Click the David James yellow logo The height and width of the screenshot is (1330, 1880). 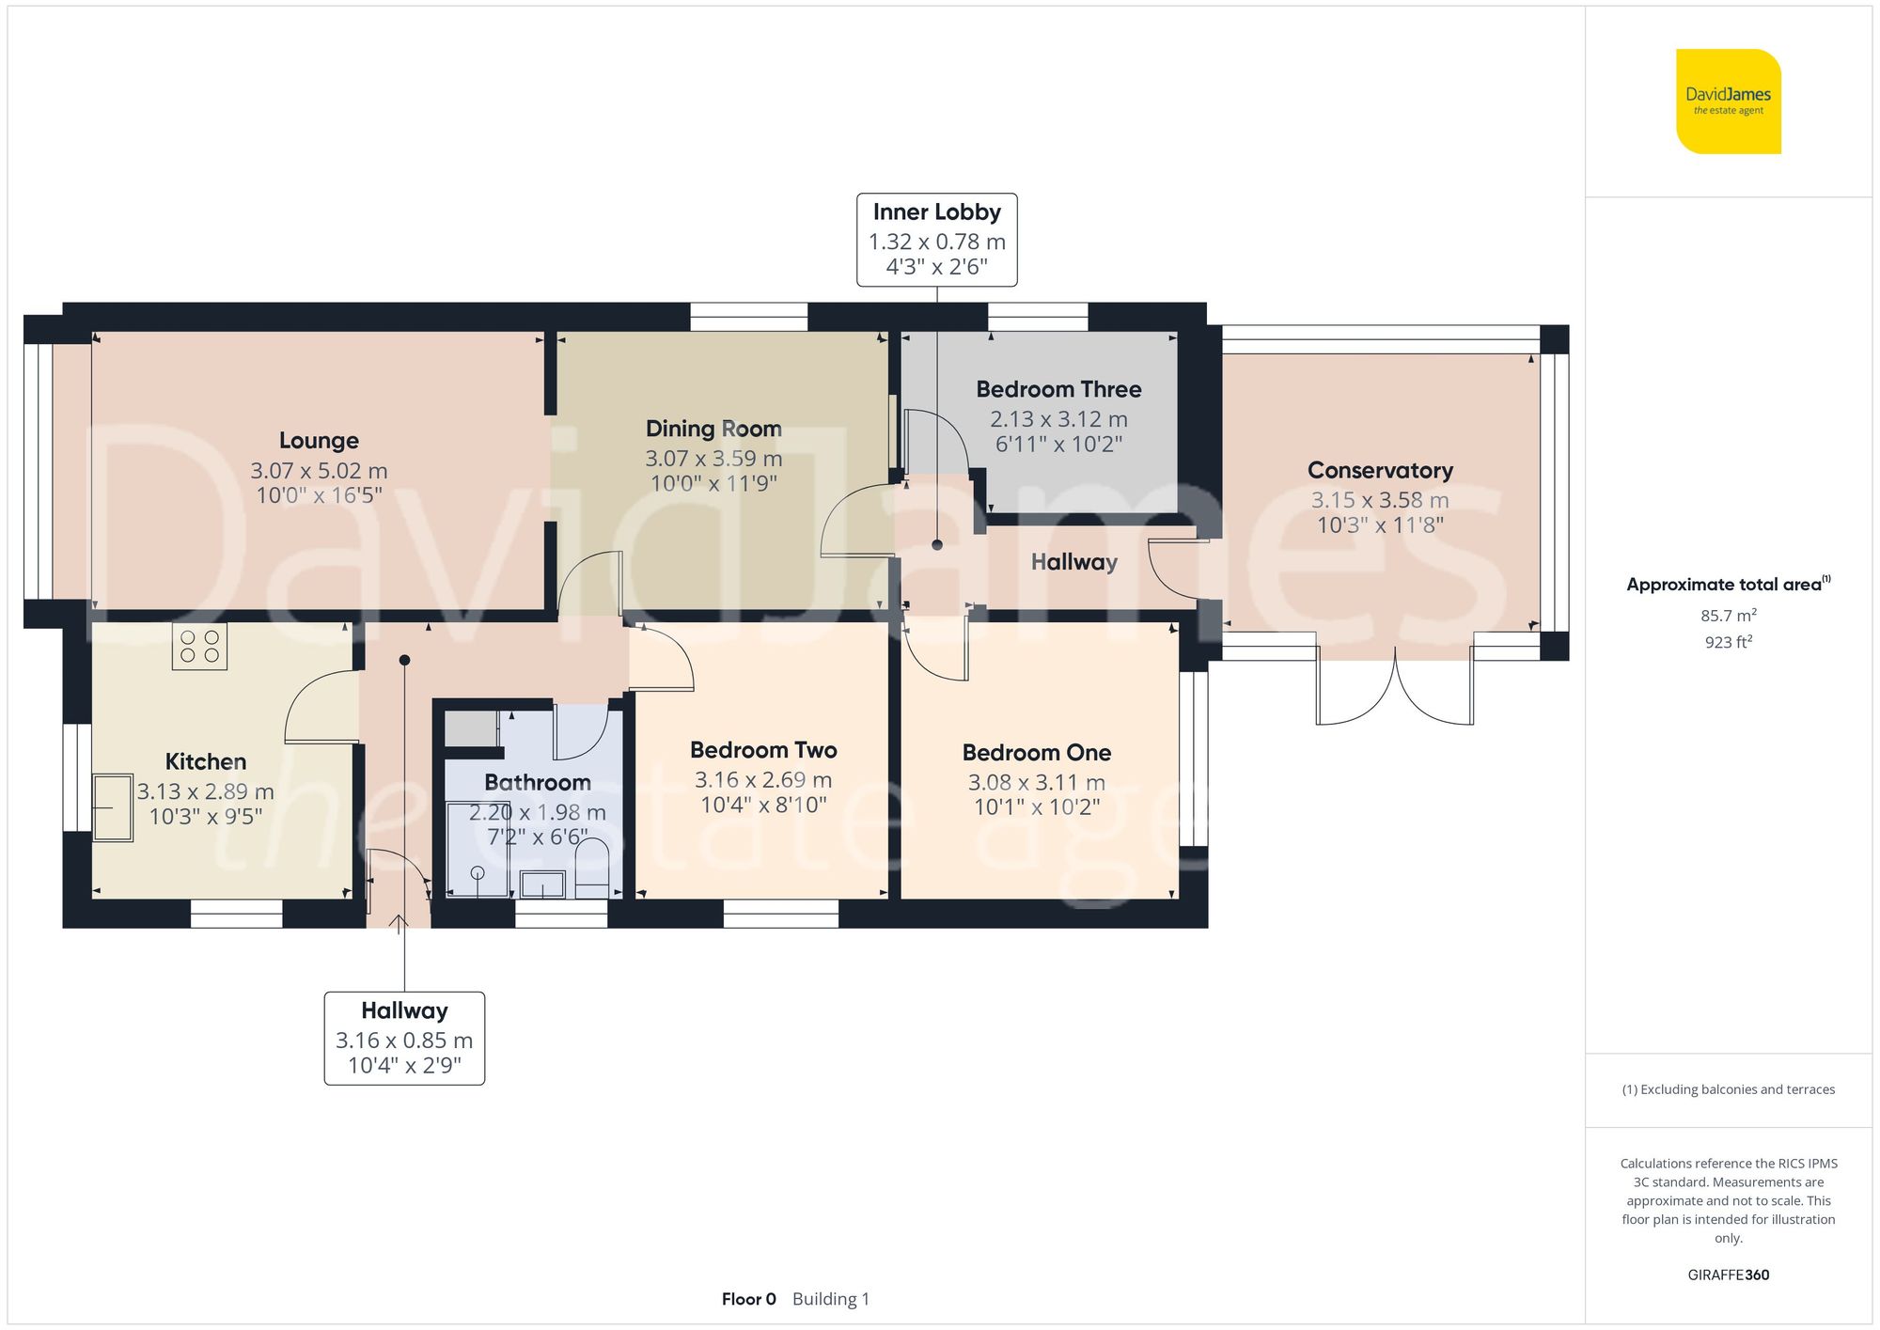coord(1728,102)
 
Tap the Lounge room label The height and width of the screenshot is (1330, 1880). coord(319,441)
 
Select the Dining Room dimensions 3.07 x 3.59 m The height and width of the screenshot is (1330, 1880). coord(713,459)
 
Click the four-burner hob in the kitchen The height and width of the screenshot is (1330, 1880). coord(199,647)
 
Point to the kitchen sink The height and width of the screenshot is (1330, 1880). coord(113,806)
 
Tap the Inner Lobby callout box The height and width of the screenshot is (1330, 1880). coord(936,240)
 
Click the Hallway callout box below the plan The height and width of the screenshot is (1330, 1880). coord(404,1038)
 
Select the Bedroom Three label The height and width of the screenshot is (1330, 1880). coord(1058,389)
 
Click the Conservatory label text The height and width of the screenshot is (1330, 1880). coord(1380,470)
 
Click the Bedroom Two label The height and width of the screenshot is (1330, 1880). coord(763,750)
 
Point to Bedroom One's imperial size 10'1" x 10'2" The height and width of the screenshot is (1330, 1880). coord(1037,806)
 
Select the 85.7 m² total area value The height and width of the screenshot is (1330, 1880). coord(1728,616)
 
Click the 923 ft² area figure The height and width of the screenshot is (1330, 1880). coord(1728,642)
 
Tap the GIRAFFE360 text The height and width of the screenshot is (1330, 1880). coord(1728,1275)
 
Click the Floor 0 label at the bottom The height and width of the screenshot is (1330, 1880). coord(748,1299)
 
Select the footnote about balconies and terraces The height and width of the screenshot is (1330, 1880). coord(1728,1089)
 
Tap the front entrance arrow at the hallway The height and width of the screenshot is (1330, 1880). coord(399,924)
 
